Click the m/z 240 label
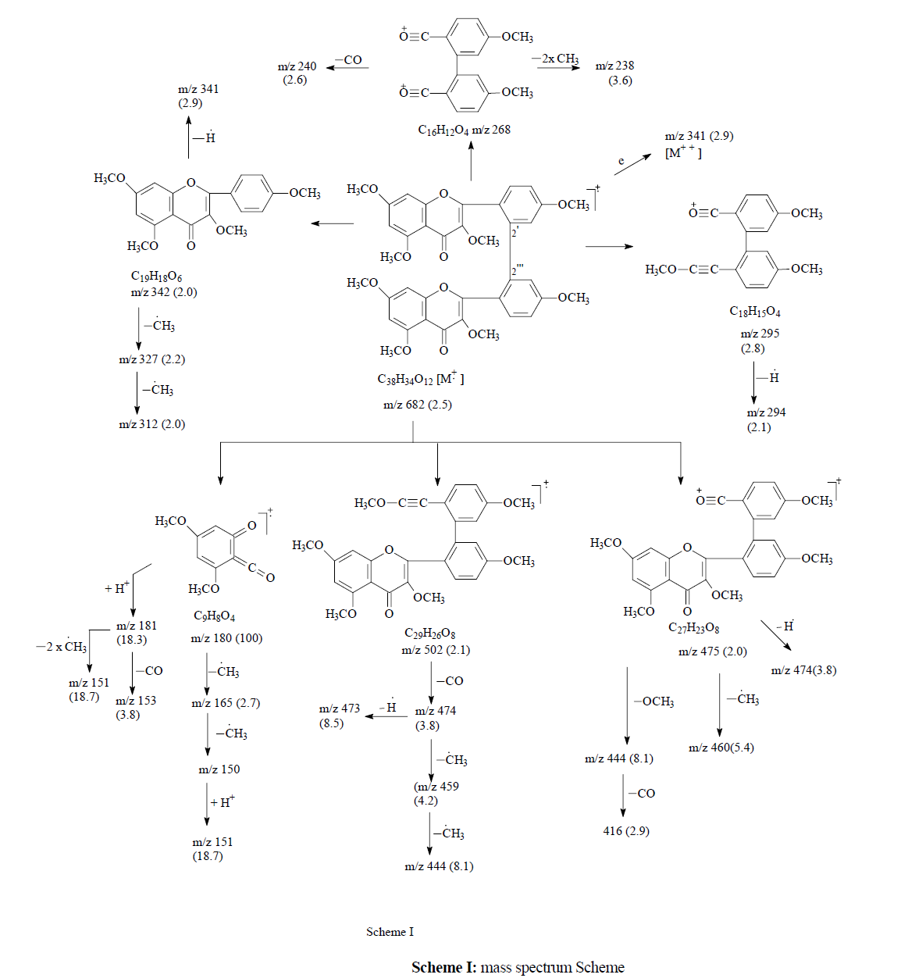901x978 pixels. [x=297, y=67]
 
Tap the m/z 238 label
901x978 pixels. [x=614, y=66]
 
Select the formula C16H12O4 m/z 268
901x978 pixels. [x=464, y=130]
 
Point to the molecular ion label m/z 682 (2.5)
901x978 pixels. [x=417, y=405]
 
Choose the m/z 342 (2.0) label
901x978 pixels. [x=164, y=292]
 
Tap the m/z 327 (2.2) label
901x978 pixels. [x=151, y=359]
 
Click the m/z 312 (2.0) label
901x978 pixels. [x=151, y=424]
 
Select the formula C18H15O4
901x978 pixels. [x=755, y=312]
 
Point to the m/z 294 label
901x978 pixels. [x=766, y=412]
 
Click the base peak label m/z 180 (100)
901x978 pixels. [x=226, y=638]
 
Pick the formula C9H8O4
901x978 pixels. [x=214, y=616]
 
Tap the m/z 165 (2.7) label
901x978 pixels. [x=226, y=703]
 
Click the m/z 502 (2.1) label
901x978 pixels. [x=436, y=650]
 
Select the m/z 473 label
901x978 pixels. [x=339, y=709]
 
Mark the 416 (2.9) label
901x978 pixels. [x=625, y=831]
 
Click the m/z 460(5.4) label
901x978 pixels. [x=721, y=748]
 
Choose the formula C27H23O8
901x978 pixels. [x=693, y=628]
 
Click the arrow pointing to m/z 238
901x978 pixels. [x=558, y=68]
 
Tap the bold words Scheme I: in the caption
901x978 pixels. [x=443, y=967]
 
